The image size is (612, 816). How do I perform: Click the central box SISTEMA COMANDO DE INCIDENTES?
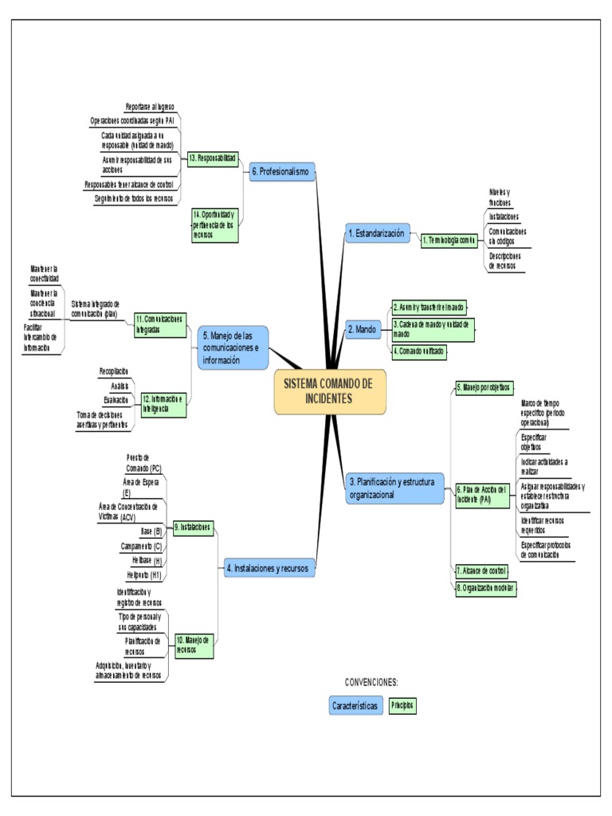click(329, 391)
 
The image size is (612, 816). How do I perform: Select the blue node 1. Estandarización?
click(376, 233)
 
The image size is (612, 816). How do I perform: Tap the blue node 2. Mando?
click(363, 328)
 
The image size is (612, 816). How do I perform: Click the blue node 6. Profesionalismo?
click(283, 171)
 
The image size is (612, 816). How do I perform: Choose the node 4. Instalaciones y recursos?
click(271, 568)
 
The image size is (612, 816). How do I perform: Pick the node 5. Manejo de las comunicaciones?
click(233, 347)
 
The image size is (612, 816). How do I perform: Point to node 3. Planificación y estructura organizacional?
click(394, 487)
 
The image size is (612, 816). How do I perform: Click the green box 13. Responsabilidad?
click(213, 159)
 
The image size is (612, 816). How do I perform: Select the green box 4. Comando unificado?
click(419, 351)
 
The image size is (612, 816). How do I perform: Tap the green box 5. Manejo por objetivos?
click(484, 386)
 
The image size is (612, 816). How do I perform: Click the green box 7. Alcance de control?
click(481, 571)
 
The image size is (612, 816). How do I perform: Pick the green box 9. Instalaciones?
click(193, 527)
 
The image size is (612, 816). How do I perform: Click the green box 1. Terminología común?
click(449, 239)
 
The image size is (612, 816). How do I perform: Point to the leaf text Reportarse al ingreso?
click(150, 106)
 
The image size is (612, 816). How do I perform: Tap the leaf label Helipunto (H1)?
click(144, 575)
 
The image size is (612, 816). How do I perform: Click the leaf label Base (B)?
click(151, 531)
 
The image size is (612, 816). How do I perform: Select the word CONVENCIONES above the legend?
click(371, 682)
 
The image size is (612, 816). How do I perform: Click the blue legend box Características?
click(355, 706)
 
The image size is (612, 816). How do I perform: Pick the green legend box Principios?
click(402, 705)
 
